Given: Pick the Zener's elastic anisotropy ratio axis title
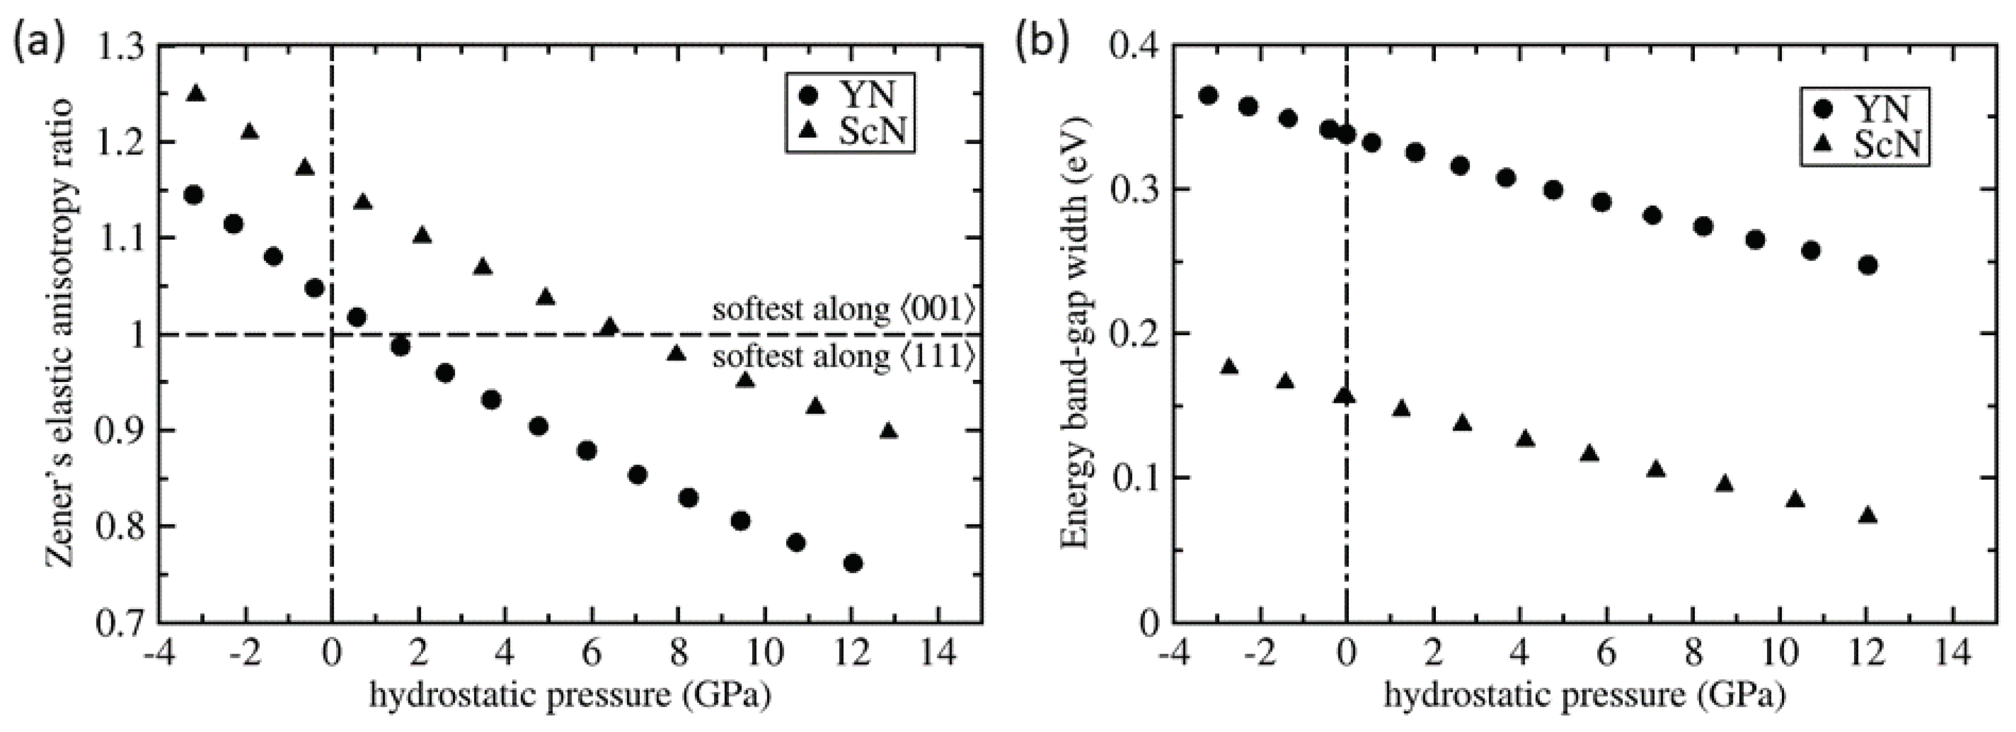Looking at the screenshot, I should (61, 333).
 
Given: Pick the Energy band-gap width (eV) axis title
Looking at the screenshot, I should (1076, 333).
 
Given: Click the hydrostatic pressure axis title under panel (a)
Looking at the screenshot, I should (570, 695).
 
